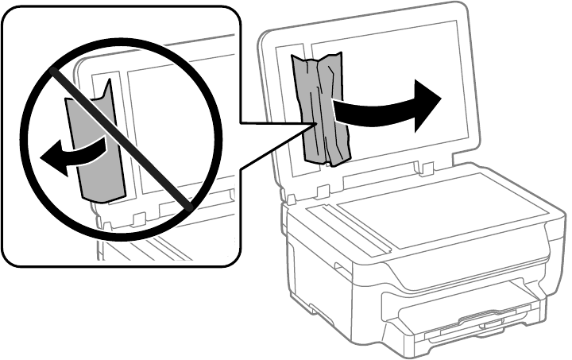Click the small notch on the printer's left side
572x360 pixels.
339,267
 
